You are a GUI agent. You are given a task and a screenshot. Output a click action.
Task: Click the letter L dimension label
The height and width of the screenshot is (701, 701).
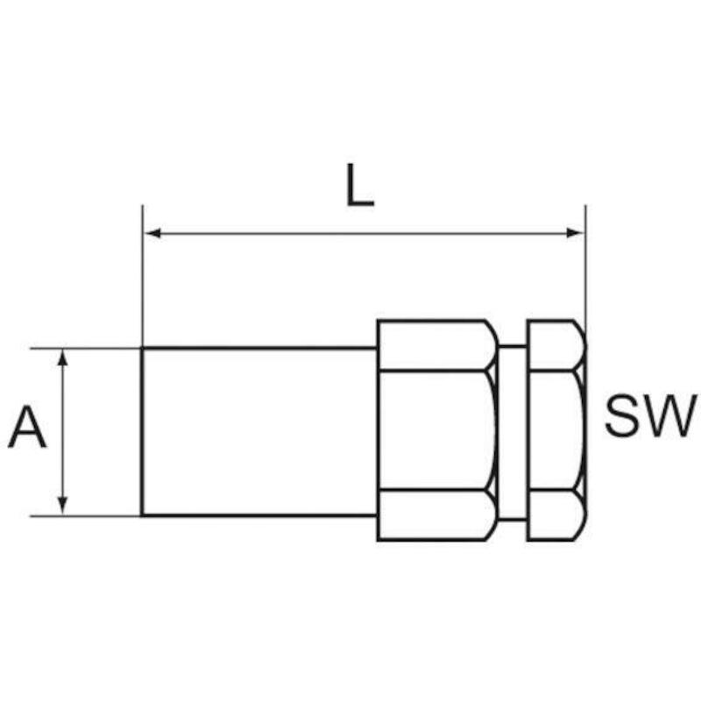pos(360,185)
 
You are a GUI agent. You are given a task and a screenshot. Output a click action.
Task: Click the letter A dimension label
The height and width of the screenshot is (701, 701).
pos(27,427)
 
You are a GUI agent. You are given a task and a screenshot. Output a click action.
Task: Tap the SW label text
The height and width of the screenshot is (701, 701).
pos(650,415)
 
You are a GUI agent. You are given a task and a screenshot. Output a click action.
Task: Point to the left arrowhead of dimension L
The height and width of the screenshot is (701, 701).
pos(152,233)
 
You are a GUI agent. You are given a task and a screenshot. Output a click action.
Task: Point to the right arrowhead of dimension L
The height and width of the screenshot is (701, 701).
pos(575,233)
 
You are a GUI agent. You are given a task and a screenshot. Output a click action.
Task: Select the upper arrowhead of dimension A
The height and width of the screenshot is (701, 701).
pos(63,358)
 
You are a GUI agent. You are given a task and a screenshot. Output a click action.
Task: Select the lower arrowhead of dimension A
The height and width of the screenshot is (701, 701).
pos(63,506)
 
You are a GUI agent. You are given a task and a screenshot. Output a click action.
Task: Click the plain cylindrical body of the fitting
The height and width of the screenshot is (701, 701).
pos(259,431)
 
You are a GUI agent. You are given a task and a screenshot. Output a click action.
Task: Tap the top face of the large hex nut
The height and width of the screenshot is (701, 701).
pos(435,345)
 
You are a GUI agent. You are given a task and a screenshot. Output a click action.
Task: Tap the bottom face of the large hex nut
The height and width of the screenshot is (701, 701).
pos(435,515)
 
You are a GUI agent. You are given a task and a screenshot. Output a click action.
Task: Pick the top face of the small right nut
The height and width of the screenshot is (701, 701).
pos(555,345)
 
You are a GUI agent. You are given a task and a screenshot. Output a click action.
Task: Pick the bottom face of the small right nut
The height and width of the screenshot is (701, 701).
pos(555,515)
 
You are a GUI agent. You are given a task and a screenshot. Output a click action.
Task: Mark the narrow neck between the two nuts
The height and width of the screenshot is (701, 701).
pos(513,432)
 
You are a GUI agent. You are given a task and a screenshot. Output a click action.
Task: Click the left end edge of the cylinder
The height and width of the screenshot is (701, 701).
pos(142,431)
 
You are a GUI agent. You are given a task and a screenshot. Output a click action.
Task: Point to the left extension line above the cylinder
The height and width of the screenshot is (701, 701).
pos(142,276)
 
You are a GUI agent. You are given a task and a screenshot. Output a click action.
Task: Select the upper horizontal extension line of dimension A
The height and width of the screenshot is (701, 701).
pos(86,348)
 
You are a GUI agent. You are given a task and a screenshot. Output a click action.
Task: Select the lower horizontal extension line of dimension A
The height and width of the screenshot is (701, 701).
pos(86,515)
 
